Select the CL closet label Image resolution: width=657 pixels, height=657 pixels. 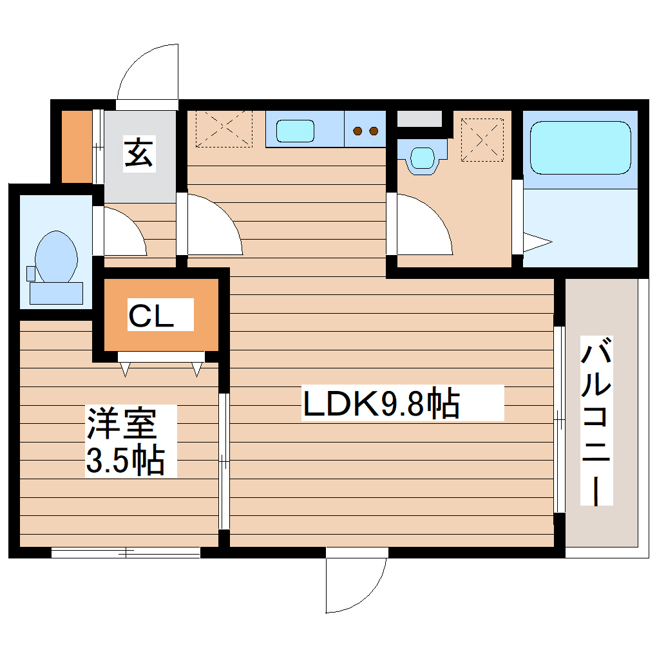tap(160, 315)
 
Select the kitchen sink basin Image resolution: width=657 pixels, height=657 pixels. tap(295, 131)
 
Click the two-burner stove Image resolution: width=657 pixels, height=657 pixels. tap(365, 131)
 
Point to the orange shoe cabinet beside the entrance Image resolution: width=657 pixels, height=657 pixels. tap(77, 146)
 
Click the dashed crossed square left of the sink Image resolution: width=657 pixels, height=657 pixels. tap(224, 129)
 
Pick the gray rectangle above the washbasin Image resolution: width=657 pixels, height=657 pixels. tap(419, 119)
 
